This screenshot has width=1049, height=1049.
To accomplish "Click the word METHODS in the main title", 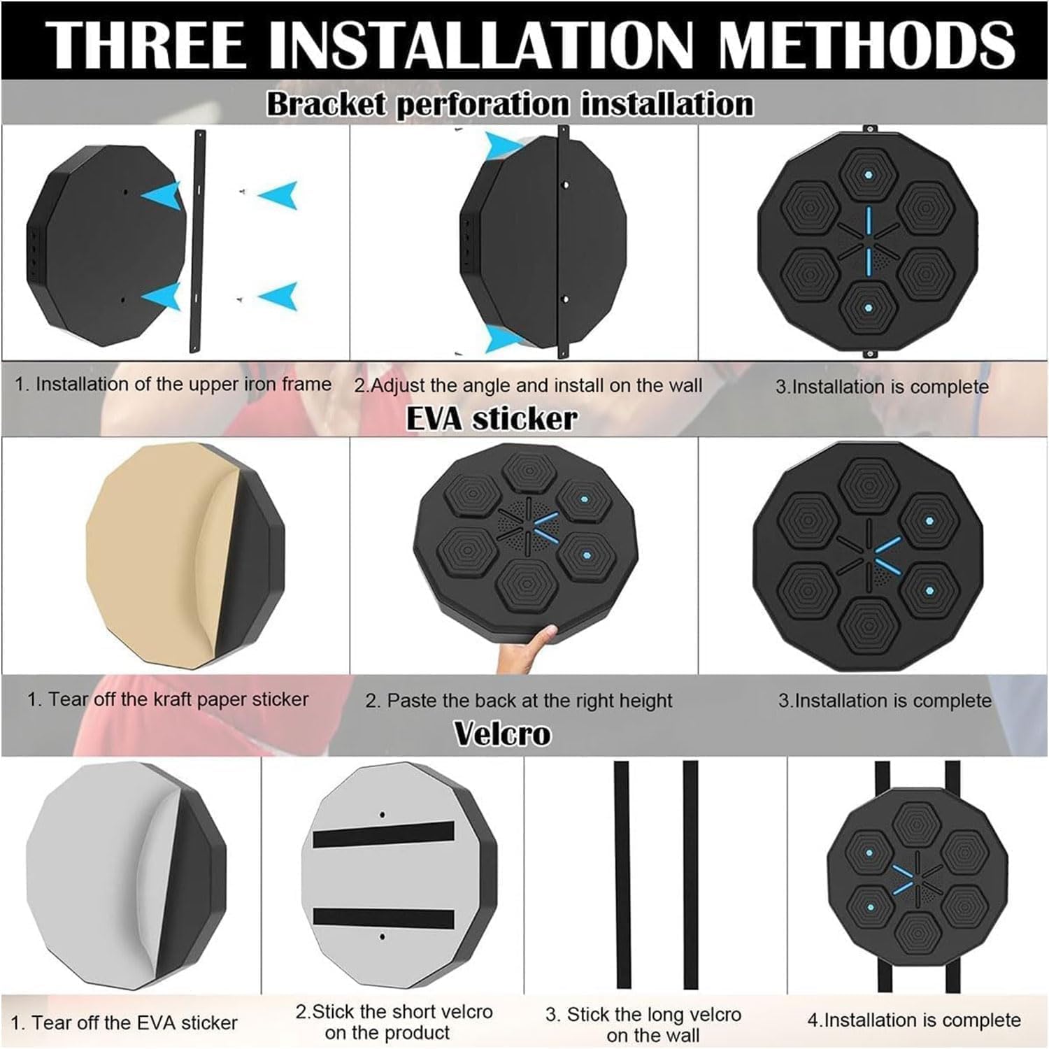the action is [867, 44].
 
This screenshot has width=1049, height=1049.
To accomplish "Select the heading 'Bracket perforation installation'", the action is [511, 104].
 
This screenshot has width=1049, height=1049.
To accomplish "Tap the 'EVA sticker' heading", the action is [492, 418].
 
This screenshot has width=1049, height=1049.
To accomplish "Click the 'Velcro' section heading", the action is [502, 734].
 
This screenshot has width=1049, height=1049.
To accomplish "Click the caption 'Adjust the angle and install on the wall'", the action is [536, 385].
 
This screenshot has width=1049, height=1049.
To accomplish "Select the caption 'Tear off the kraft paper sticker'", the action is [178, 699].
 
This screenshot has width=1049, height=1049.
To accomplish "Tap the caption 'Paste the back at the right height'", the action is [529, 701].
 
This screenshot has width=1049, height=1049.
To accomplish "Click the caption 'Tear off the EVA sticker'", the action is [134, 1023].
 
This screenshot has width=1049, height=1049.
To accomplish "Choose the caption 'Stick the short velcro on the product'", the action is [394, 1022].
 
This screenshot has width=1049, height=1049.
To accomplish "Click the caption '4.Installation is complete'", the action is [914, 1020].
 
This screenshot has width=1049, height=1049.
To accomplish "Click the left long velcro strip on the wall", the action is [622, 874].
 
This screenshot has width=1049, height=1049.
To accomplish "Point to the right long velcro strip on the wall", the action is [690, 874].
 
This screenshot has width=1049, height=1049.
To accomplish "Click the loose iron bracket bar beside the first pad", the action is [198, 241].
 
